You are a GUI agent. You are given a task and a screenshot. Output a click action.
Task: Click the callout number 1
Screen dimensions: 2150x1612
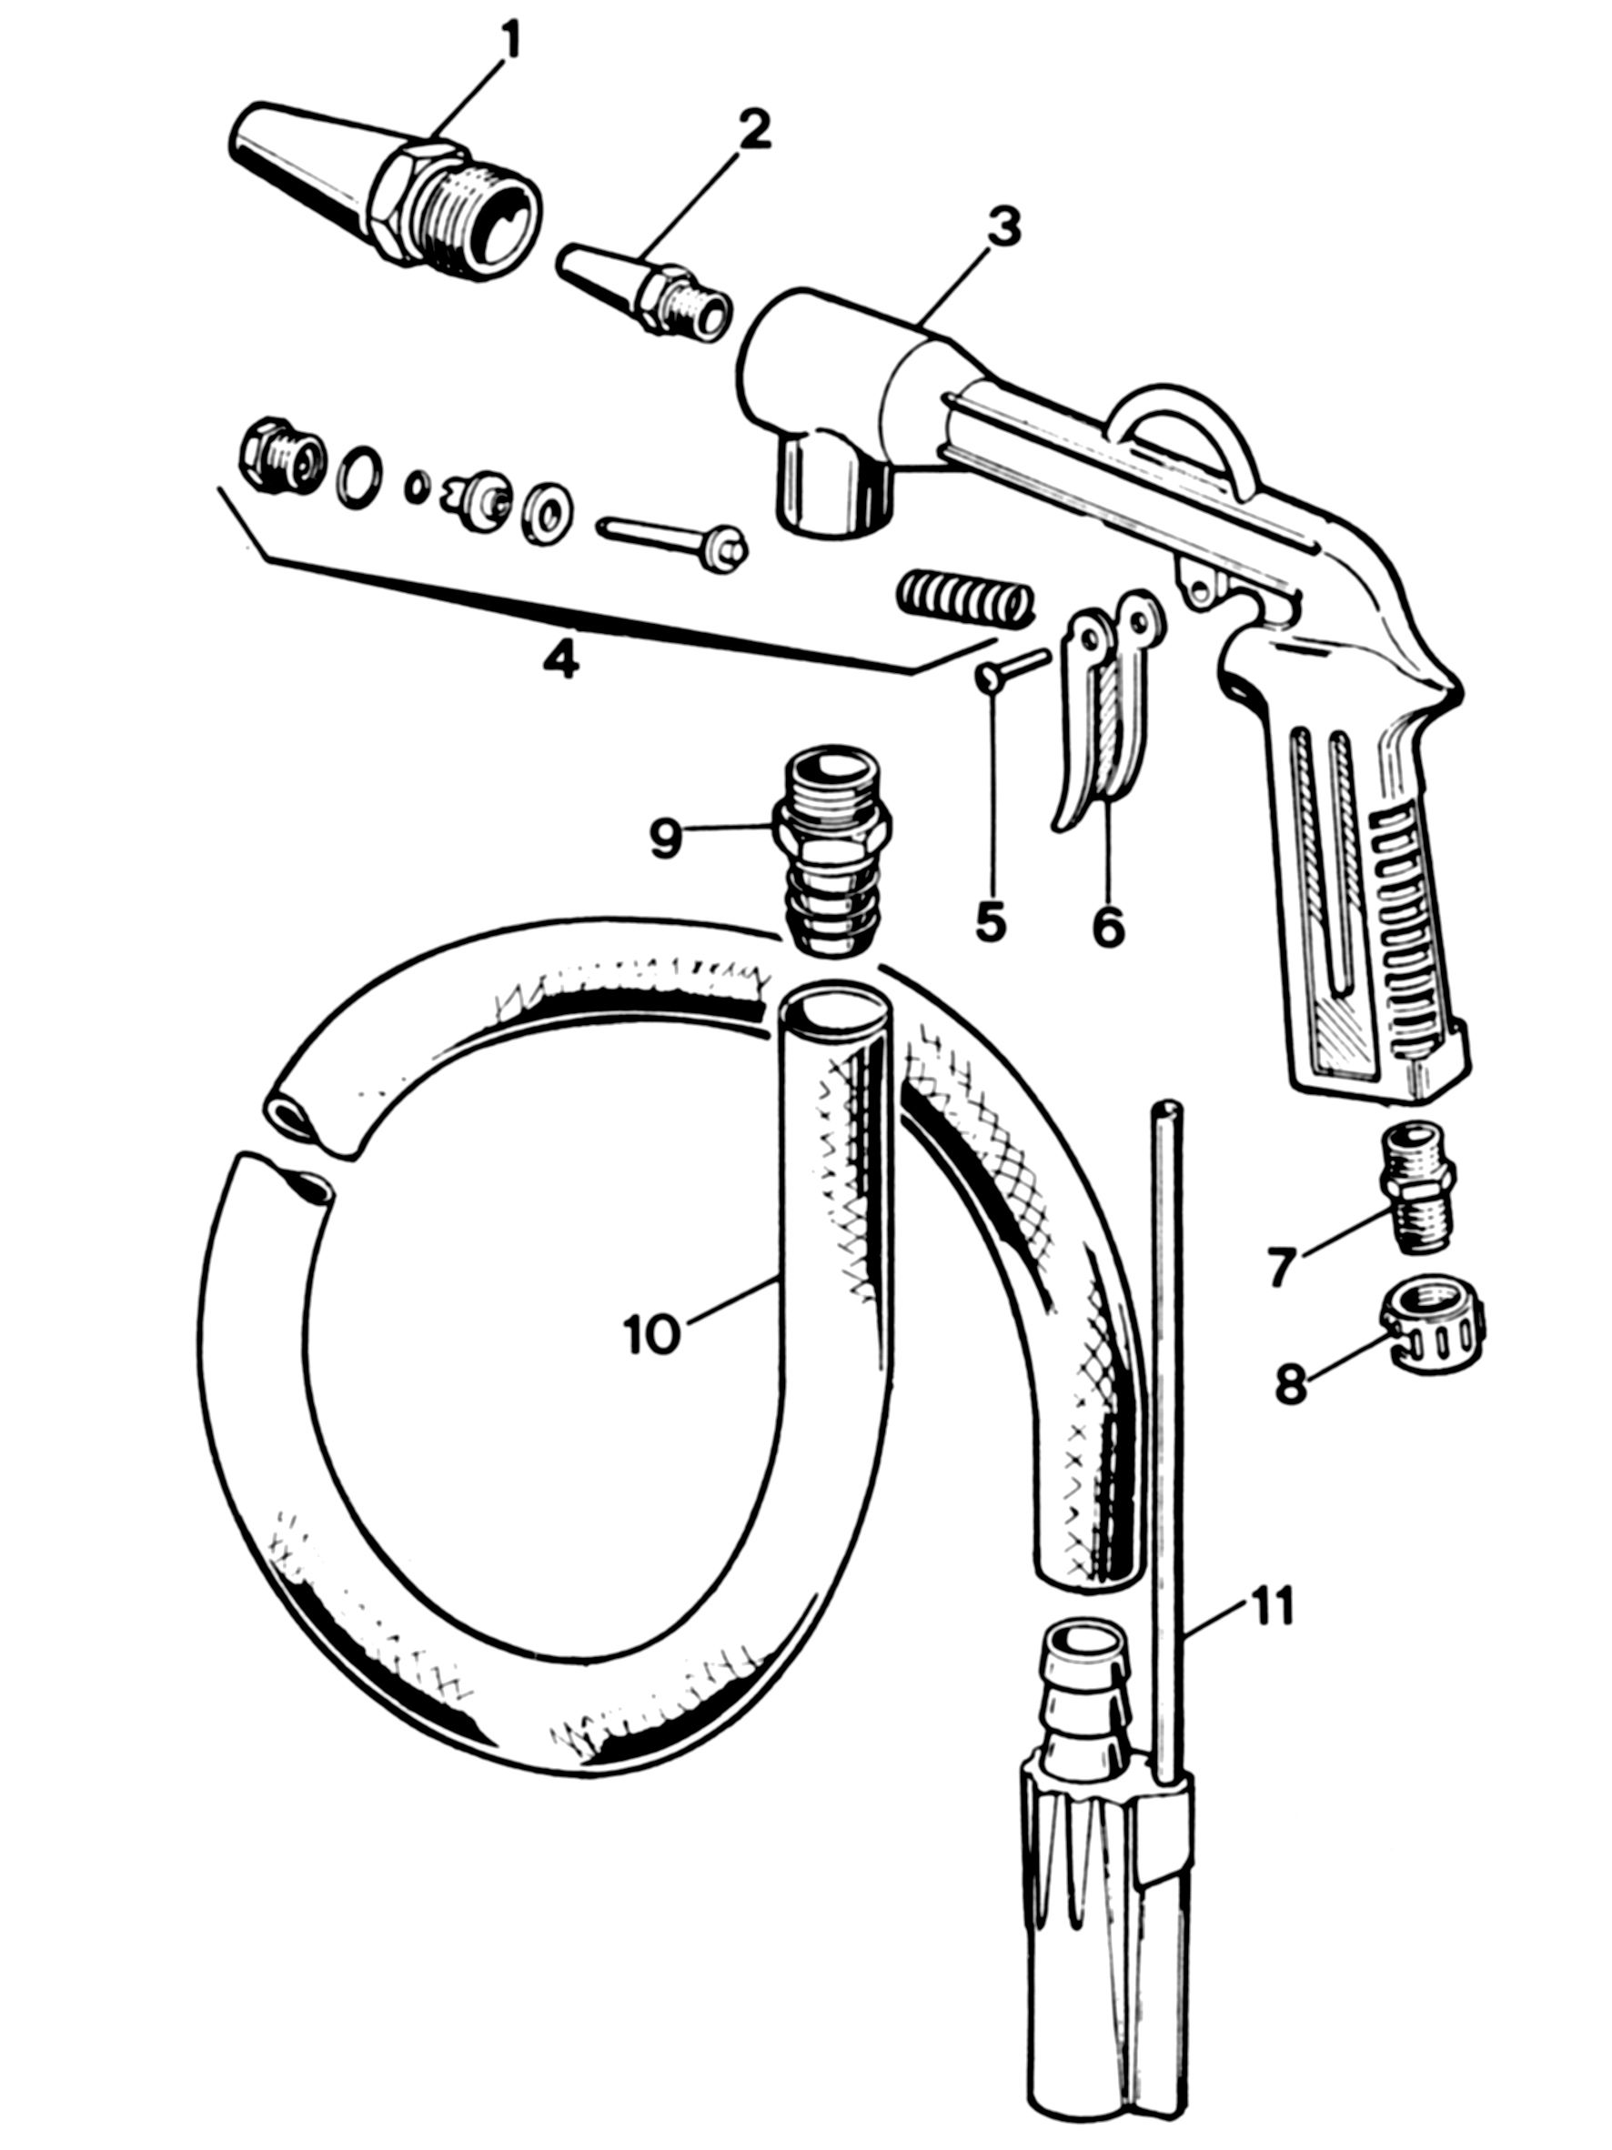click(509, 41)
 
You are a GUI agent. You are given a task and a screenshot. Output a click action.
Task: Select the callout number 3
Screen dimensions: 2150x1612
click(1002, 227)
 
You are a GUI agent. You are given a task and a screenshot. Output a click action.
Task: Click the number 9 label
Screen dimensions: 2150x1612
click(665, 839)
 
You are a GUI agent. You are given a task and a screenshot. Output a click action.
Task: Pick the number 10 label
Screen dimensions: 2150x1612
click(651, 1334)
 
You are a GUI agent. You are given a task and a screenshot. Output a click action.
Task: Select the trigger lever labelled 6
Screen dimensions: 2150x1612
click(1108, 719)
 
